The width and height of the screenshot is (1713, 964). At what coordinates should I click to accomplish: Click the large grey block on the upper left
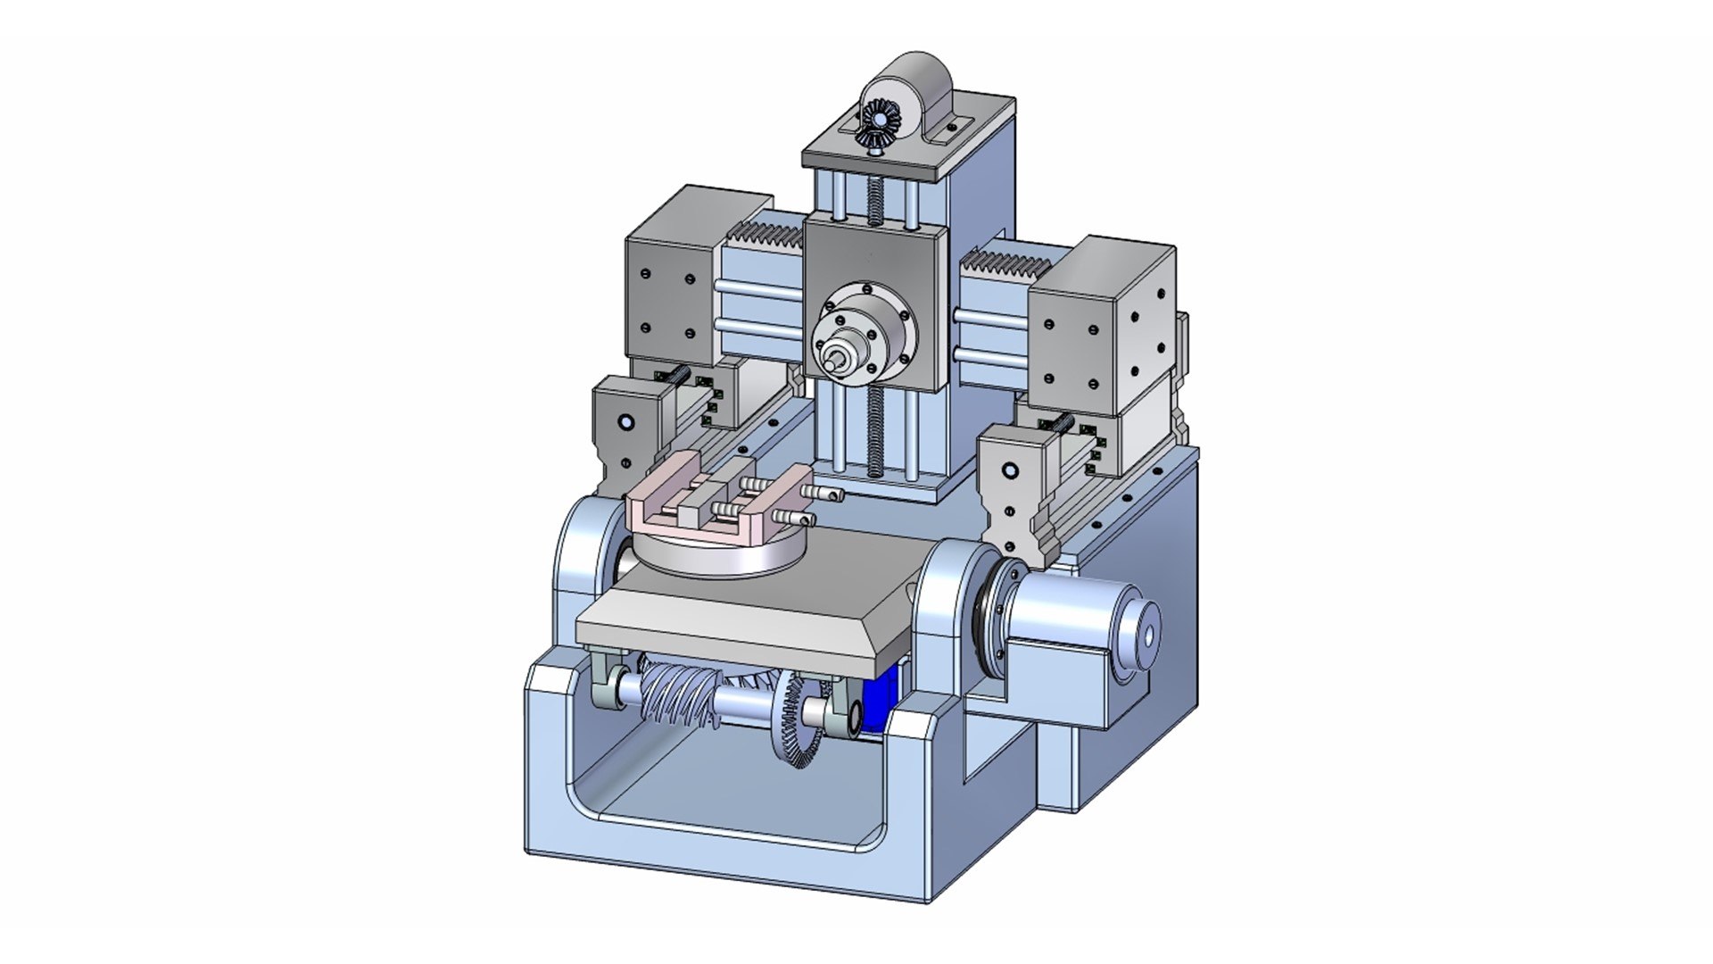click(669, 295)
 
